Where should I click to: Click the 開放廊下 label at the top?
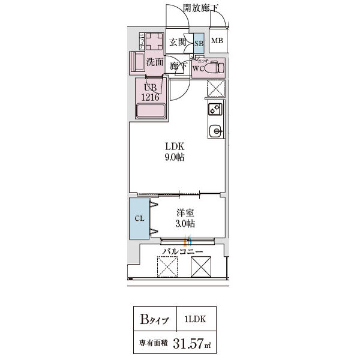click(201, 8)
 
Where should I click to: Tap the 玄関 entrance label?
click(177, 42)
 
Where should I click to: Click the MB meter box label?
click(217, 41)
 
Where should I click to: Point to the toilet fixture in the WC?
click(213, 67)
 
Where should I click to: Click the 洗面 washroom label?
click(155, 61)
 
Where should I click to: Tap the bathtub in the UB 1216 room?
click(151, 112)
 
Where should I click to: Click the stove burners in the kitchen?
click(215, 109)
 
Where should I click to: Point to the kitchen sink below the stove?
click(215, 130)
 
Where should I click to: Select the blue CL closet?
click(139, 218)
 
